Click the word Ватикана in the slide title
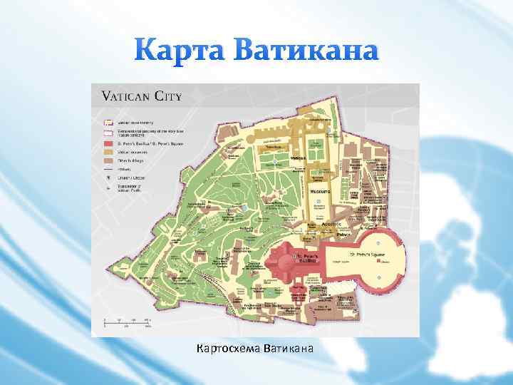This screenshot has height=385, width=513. click(x=299, y=51)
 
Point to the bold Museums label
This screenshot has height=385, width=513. click(x=318, y=192)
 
